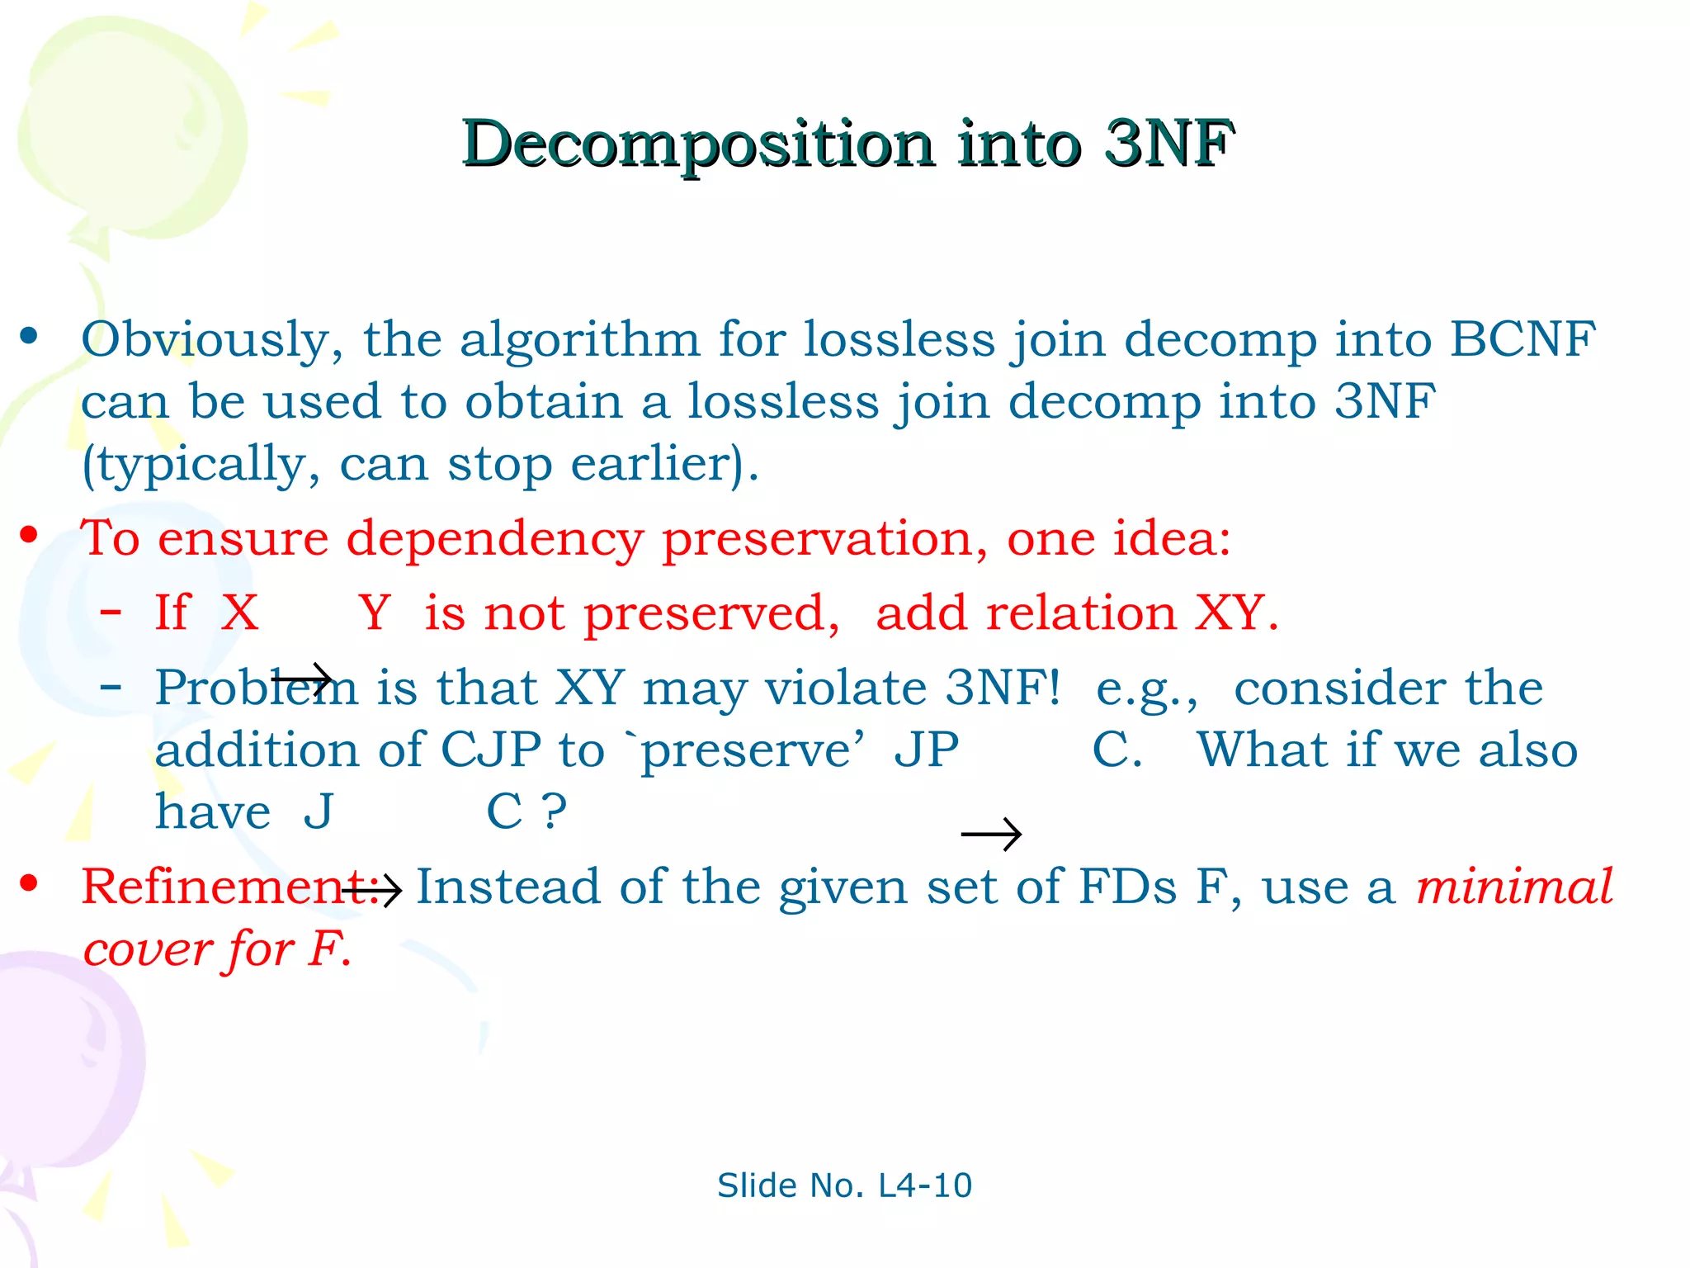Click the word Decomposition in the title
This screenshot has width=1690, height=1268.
tap(698, 145)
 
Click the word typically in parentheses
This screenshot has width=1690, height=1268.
tap(201, 465)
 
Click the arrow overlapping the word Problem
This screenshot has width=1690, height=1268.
tap(302, 680)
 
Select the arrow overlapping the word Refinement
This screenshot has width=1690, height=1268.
tap(371, 889)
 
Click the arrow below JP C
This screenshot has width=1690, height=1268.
tap(991, 834)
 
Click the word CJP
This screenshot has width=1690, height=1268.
tap(490, 750)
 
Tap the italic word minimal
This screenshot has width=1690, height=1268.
tap(1514, 887)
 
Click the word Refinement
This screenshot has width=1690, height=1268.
tap(223, 887)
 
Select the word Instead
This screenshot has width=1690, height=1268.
tap(507, 887)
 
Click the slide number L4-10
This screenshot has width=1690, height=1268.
tap(925, 1185)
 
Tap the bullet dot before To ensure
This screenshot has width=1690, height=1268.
tap(30, 536)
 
